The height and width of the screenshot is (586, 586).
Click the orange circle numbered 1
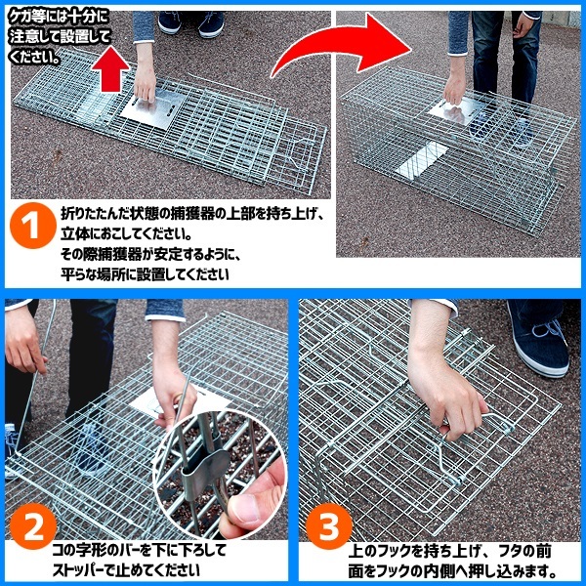click(33, 226)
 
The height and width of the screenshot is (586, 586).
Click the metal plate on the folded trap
click(153, 108)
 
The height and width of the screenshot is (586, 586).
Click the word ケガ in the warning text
click(21, 18)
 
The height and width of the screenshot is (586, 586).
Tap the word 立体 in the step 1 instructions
click(75, 234)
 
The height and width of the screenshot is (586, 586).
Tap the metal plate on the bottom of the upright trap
click(422, 161)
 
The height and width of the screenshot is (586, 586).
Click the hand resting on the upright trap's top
click(455, 87)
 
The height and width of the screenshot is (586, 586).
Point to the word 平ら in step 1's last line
click(75, 274)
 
